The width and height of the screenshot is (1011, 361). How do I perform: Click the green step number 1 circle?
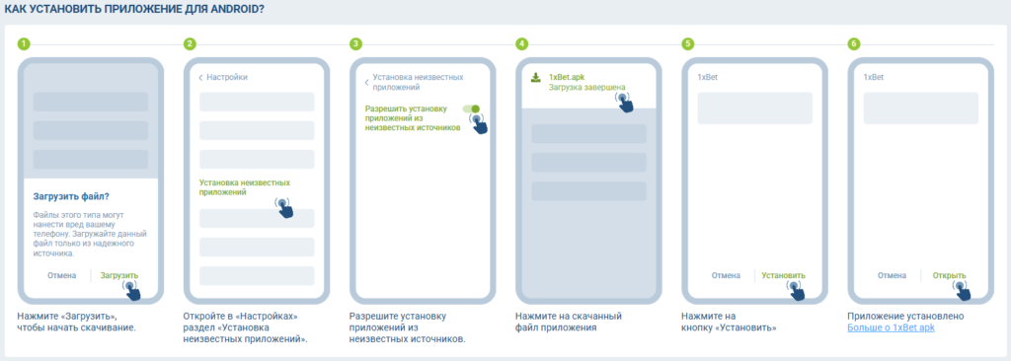(x=24, y=43)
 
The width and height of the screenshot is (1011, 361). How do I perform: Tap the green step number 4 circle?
(x=521, y=43)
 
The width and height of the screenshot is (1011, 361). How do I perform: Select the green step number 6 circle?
(x=854, y=43)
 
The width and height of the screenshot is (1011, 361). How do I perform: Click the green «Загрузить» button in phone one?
(x=119, y=275)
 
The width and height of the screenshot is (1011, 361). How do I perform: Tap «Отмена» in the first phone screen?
(x=62, y=275)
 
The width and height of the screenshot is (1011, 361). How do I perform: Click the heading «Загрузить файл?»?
(x=71, y=196)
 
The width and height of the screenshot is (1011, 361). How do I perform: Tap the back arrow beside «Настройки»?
(x=200, y=77)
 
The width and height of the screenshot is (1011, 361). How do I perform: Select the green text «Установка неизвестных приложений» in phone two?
(x=245, y=187)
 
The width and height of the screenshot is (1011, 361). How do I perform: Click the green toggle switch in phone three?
(x=471, y=108)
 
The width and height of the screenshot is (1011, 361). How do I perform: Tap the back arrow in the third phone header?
(x=367, y=83)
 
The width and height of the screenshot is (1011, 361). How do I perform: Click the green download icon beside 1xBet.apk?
(x=535, y=77)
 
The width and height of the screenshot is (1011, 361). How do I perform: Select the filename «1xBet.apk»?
(x=567, y=77)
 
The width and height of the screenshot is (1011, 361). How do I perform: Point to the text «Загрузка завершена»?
(x=586, y=87)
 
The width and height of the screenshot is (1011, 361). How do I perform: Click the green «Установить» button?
(x=783, y=275)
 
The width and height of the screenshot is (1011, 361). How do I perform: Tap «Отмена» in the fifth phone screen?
(x=726, y=275)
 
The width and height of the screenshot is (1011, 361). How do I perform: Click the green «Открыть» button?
(x=949, y=275)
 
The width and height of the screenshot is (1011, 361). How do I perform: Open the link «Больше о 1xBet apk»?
(x=892, y=327)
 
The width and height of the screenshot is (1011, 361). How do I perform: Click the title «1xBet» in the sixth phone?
(x=873, y=77)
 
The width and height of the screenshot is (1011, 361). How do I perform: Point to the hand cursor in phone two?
(x=283, y=207)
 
